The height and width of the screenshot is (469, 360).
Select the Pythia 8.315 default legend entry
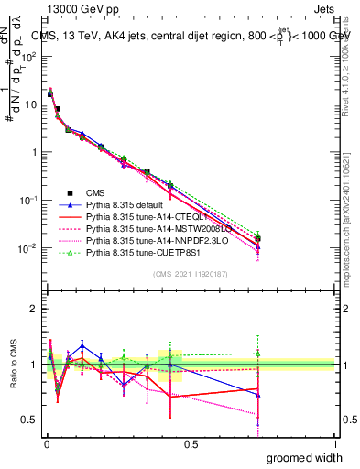click(x=124, y=205)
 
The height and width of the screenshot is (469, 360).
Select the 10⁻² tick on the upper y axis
click(x=27, y=249)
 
